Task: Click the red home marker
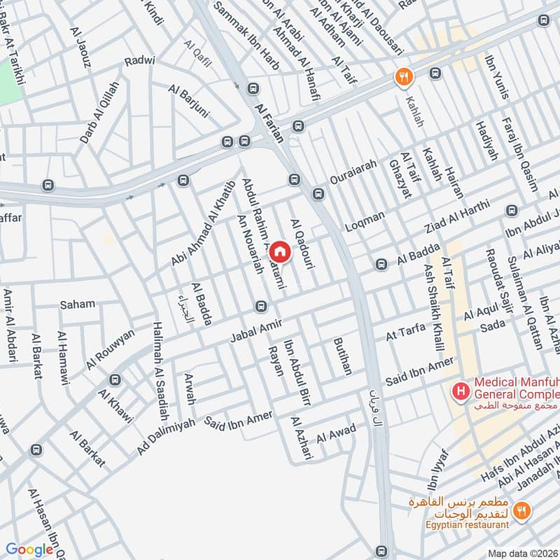tap(279, 251)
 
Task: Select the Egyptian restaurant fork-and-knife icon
tap(520, 510)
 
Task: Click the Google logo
tap(29, 549)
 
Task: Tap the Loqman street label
tap(365, 221)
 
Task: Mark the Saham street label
tap(77, 304)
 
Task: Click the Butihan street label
tap(343, 358)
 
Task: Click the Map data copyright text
tap(522, 553)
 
